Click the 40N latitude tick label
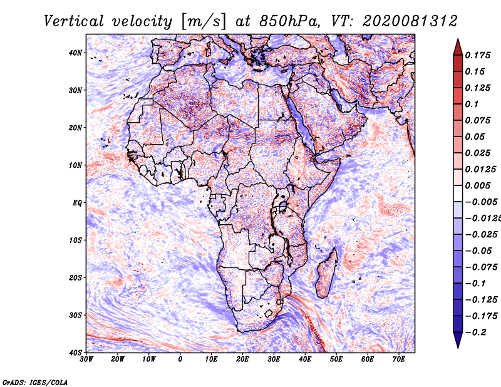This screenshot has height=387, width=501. click(x=75, y=53)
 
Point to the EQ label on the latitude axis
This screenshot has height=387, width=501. click(x=77, y=203)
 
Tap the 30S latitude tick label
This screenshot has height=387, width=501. click(x=75, y=316)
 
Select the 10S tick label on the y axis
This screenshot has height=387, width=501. click(x=75, y=240)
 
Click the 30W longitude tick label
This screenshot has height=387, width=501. click(x=86, y=359)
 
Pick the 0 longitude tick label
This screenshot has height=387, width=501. click(x=180, y=359)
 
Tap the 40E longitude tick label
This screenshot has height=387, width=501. click(x=305, y=359)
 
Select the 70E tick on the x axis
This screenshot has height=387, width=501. click(x=399, y=359)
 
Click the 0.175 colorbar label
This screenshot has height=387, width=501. click(x=477, y=55)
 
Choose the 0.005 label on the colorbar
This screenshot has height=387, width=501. click(x=477, y=185)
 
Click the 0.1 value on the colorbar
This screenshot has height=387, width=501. click(x=472, y=104)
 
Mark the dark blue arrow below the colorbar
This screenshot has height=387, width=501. click(x=458, y=339)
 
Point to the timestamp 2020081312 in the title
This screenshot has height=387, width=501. click(x=410, y=21)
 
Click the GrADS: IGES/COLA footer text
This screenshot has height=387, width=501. click(x=35, y=382)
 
